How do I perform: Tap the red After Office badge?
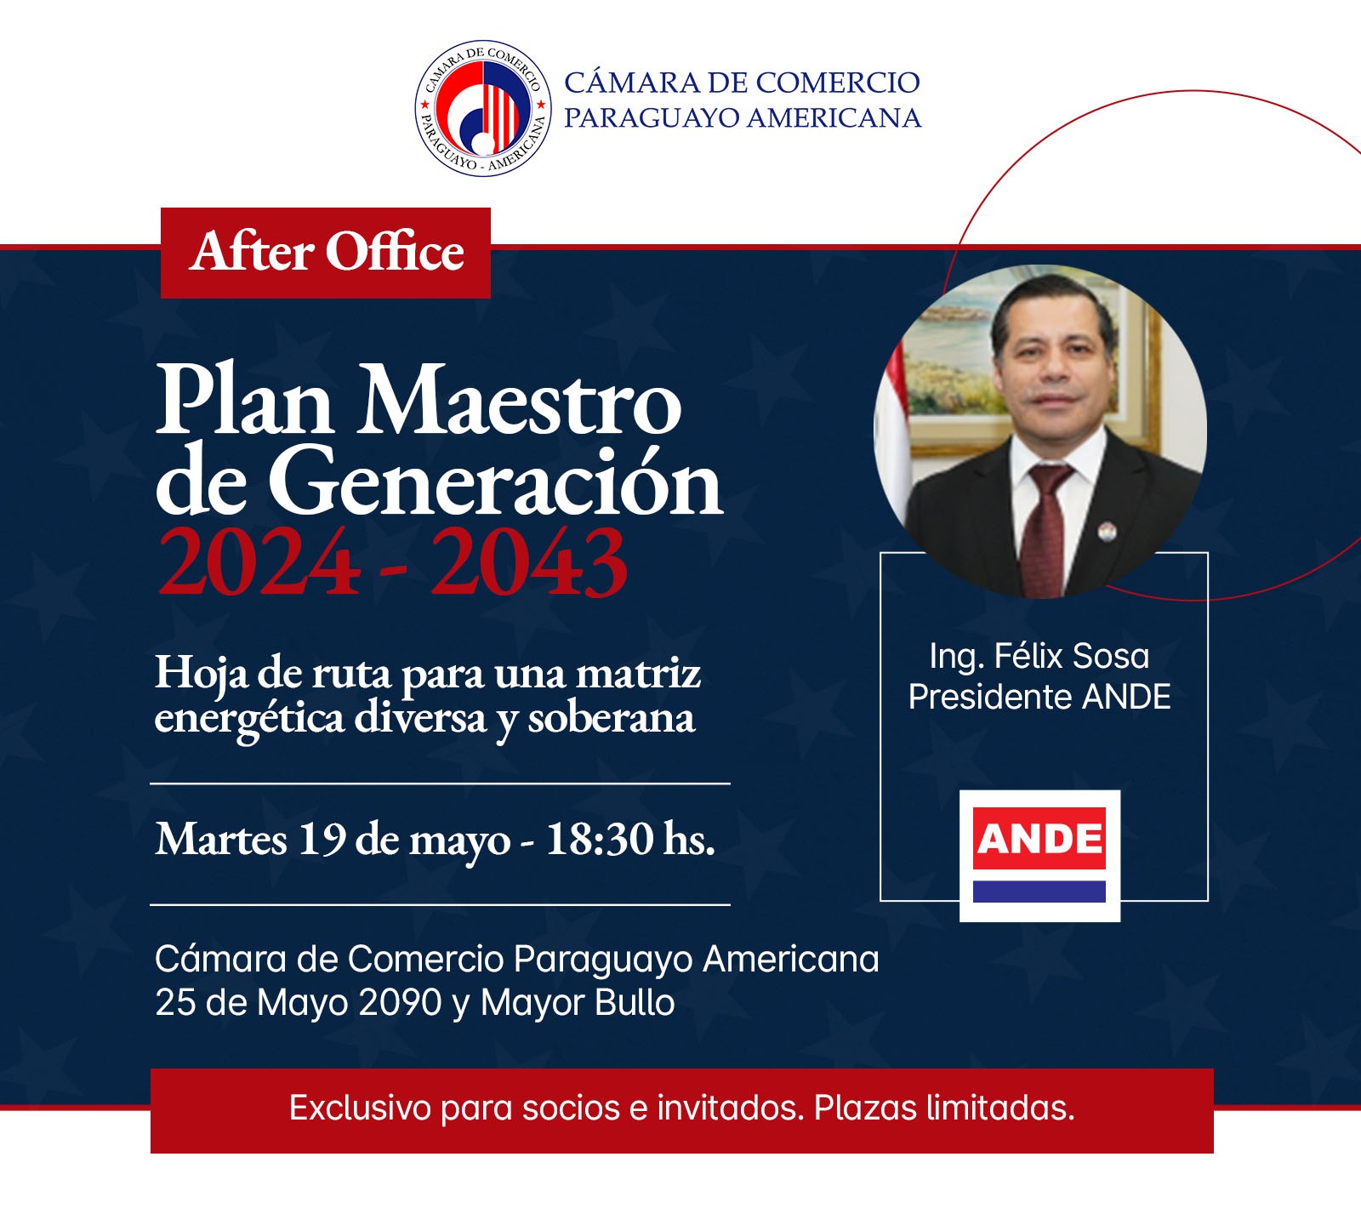click(326, 253)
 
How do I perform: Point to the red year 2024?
click(258, 562)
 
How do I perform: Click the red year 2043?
click(529, 562)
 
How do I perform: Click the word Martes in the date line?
click(221, 839)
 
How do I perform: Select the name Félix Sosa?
click(1072, 656)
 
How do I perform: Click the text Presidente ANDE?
click(1039, 697)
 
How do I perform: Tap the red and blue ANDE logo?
click(1039, 855)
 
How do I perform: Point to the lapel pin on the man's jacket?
click(1105, 533)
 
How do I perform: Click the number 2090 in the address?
click(400, 1002)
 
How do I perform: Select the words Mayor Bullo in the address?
click(578, 1002)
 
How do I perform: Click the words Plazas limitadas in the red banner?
click(944, 1108)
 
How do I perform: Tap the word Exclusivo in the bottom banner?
click(360, 1108)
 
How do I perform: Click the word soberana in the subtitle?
click(611, 718)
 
